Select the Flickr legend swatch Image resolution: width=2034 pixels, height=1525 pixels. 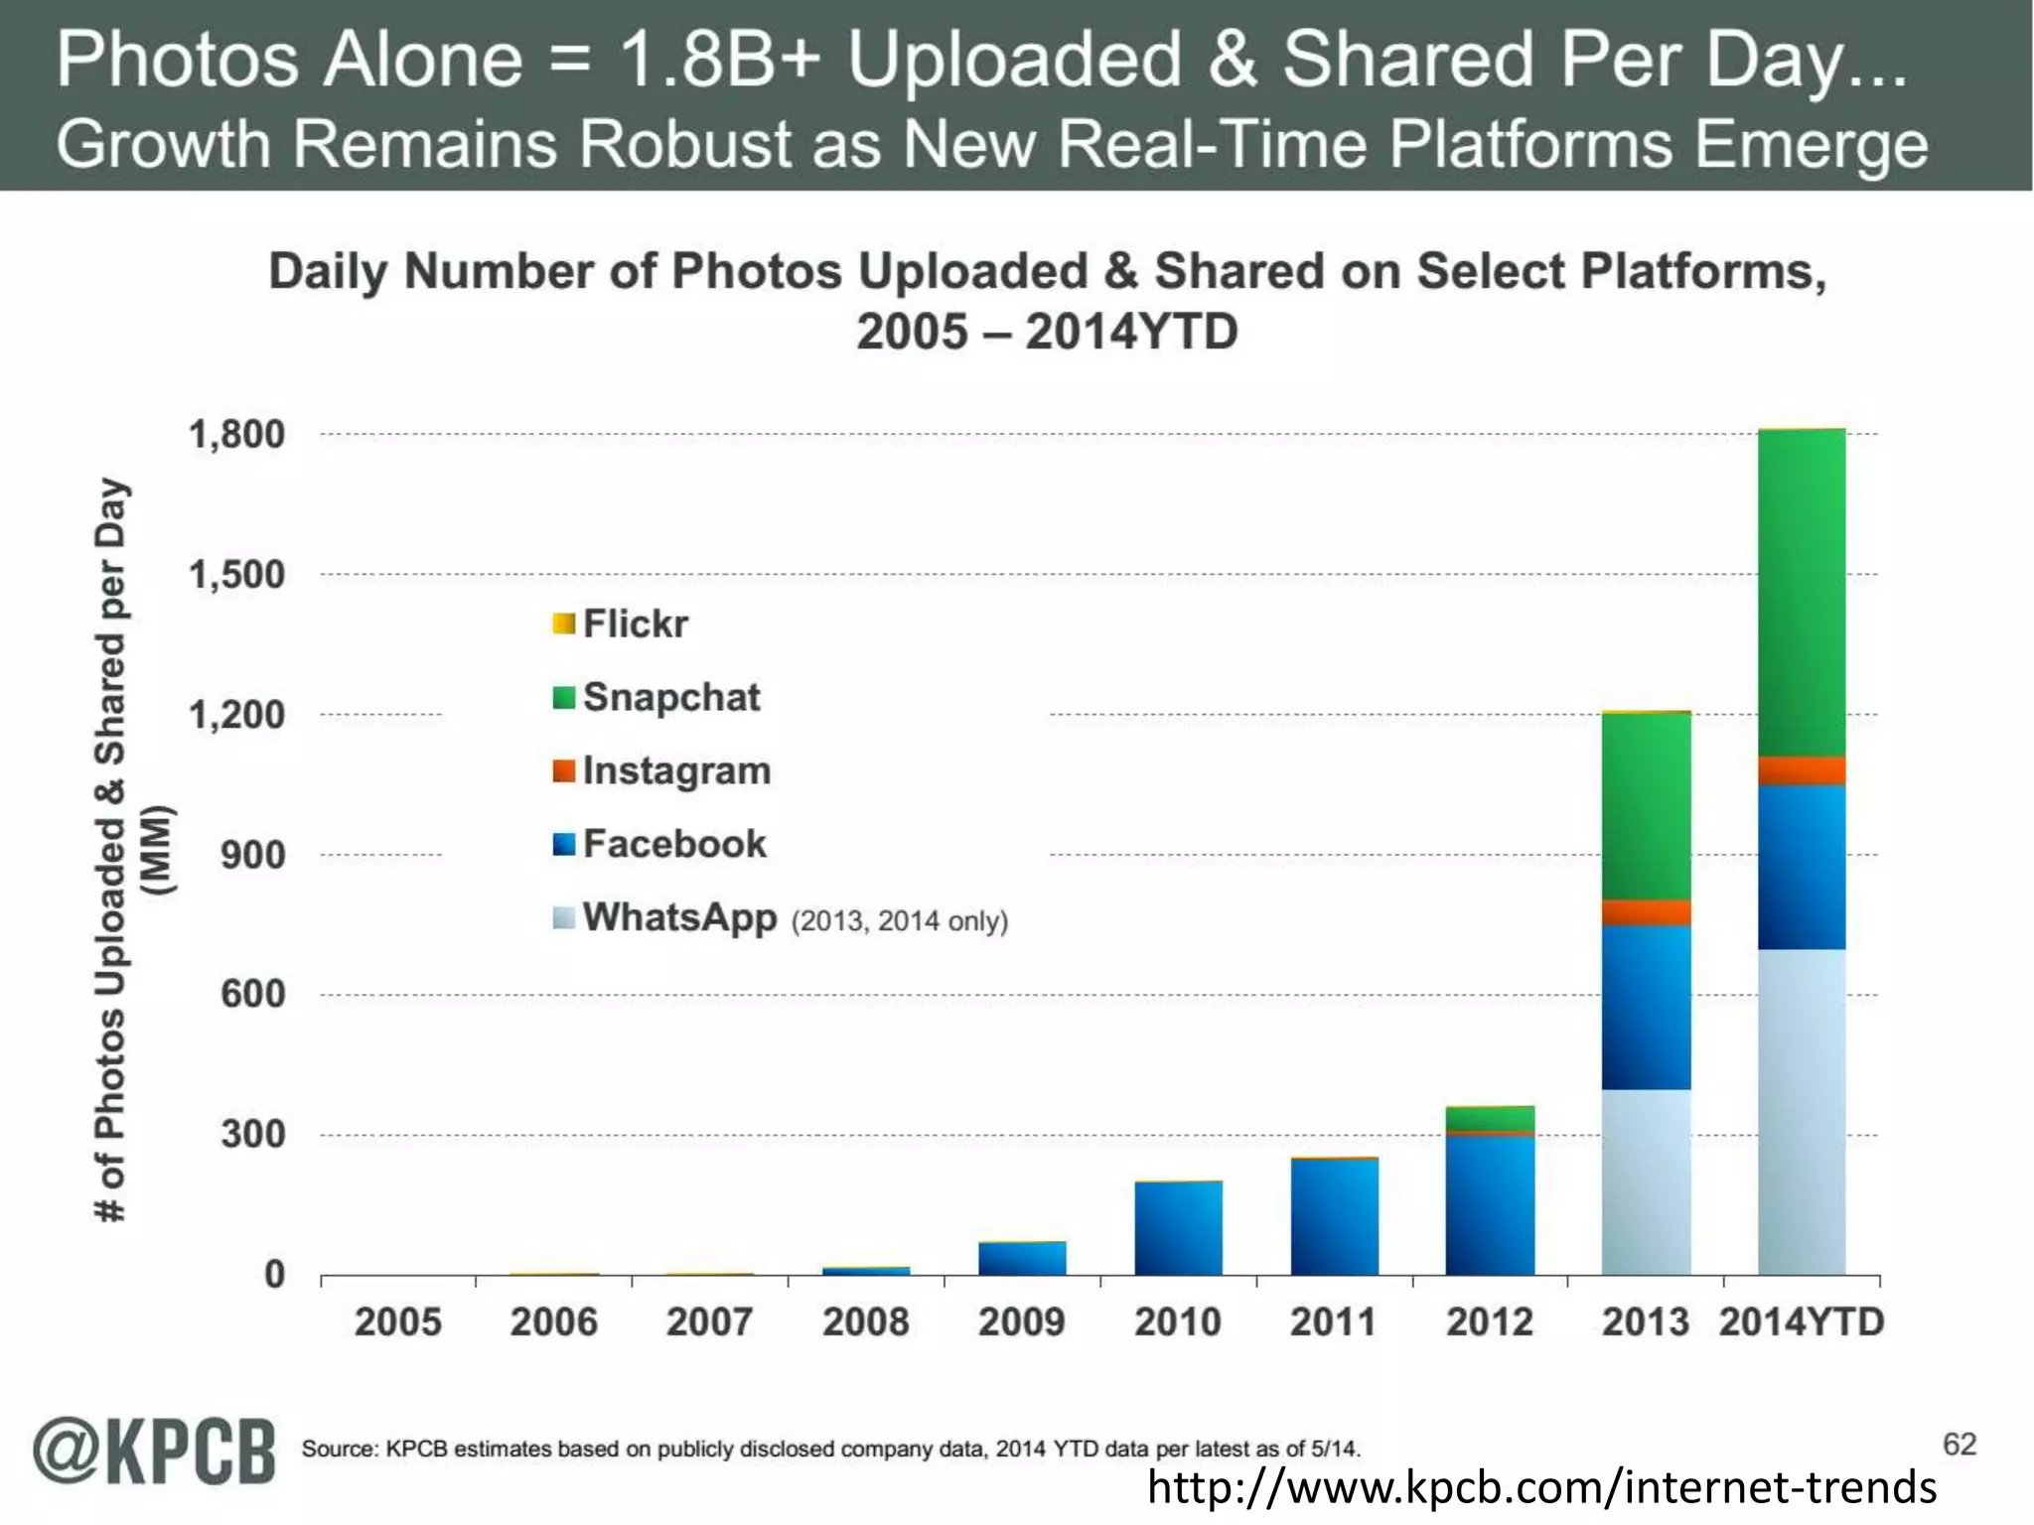pyautogui.click(x=564, y=624)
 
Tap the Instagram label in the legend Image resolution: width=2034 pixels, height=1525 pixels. pyautogui.click(x=676, y=771)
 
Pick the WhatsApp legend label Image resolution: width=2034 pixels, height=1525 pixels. pyautogui.click(x=679, y=917)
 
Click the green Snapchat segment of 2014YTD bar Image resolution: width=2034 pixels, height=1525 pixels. pyautogui.click(x=1802, y=592)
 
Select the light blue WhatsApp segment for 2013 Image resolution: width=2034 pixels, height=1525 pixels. pyautogui.click(x=1646, y=1181)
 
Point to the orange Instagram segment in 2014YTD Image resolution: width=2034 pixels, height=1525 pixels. pyautogui.click(x=1802, y=770)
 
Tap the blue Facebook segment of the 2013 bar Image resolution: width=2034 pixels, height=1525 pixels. pyautogui.click(x=1646, y=1007)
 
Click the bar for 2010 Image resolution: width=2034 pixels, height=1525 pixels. pyautogui.click(x=1178, y=1228)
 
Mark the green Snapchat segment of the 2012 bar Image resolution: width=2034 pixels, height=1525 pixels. pyautogui.click(x=1490, y=1118)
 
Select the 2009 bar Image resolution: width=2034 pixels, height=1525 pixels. pyautogui.click(x=1022, y=1258)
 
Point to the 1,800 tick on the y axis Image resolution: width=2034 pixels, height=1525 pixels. pyautogui.click(x=236, y=434)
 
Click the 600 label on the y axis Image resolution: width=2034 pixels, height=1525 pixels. pyautogui.click(x=252, y=994)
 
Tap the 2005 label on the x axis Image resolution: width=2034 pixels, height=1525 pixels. pyautogui.click(x=397, y=1322)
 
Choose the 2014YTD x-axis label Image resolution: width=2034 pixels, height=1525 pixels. pyautogui.click(x=1802, y=1322)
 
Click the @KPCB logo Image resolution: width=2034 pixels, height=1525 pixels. pyautogui.click(x=154, y=1452)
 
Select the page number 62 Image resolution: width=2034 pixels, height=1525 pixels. pyautogui.click(x=1960, y=1445)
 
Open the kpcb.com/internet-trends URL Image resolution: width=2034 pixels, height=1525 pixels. pyautogui.click(x=1541, y=1487)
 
